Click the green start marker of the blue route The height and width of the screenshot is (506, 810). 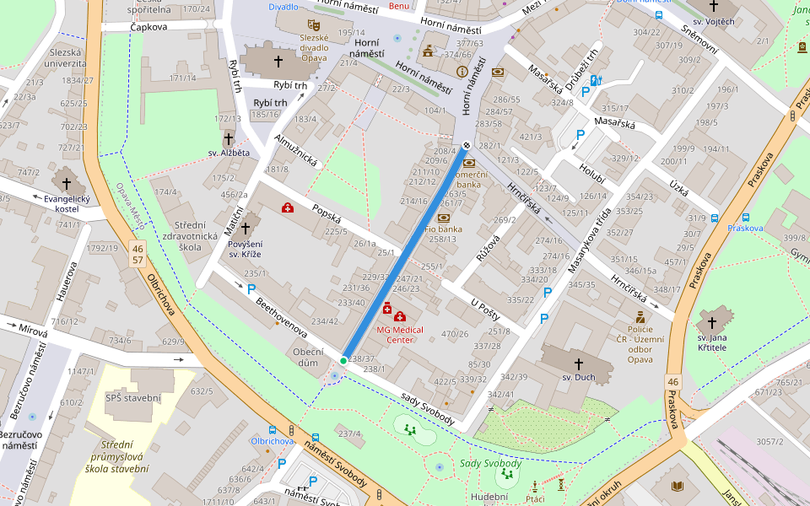click(x=343, y=361)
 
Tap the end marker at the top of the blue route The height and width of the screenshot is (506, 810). click(x=465, y=144)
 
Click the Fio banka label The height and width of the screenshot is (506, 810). click(x=444, y=229)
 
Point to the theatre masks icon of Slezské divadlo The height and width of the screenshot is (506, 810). click(x=314, y=25)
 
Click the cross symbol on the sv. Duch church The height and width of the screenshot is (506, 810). click(x=579, y=363)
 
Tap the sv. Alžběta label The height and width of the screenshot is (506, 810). click(x=229, y=153)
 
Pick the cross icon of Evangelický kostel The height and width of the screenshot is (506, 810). click(x=67, y=181)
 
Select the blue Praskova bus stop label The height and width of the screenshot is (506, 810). click(x=745, y=228)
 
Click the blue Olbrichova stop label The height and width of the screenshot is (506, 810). click(x=272, y=440)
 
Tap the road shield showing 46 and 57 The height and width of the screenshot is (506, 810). click(x=137, y=255)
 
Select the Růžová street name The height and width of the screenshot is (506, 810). click(x=488, y=248)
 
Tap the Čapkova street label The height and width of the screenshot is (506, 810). click(x=148, y=27)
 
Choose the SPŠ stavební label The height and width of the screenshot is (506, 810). click(x=133, y=397)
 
